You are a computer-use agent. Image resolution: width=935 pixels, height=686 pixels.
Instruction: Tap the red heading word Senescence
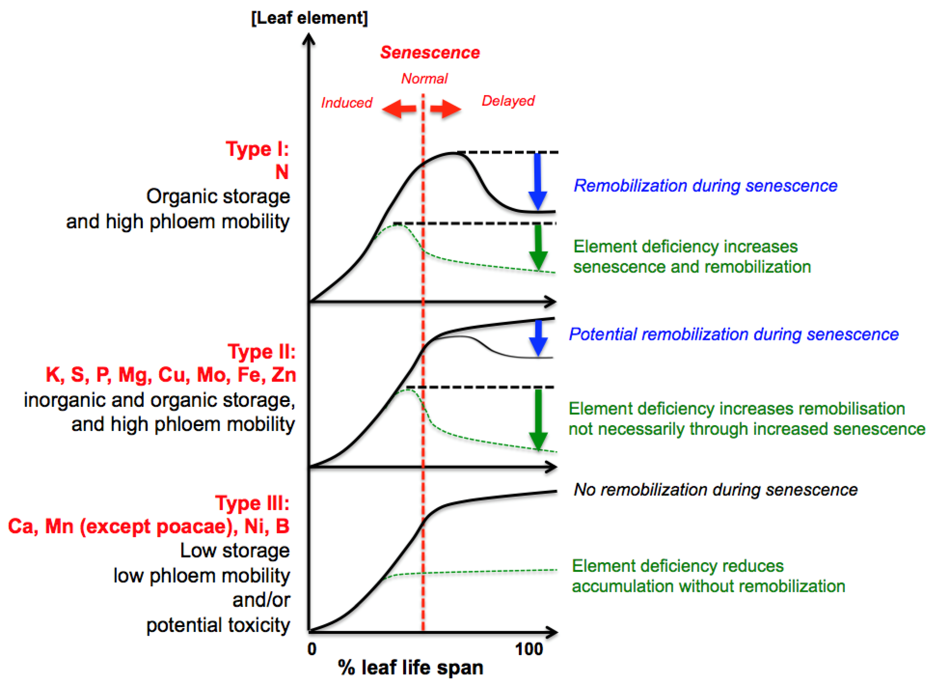click(x=430, y=53)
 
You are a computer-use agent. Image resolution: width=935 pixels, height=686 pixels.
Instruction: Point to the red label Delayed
click(x=508, y=101)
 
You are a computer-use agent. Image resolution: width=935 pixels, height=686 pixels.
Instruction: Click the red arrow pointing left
click(x=399, y=109)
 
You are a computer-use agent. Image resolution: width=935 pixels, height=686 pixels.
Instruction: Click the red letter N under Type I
click(x=282, y=172)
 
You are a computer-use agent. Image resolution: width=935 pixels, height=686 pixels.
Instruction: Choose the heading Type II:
click(x=262, y=352)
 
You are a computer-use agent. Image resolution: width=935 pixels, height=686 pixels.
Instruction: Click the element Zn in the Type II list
click(x=284, y=375)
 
